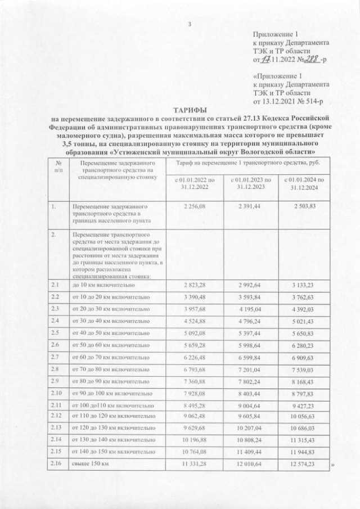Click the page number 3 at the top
tap(190, 24)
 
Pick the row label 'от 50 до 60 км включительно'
tap(107, 344)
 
